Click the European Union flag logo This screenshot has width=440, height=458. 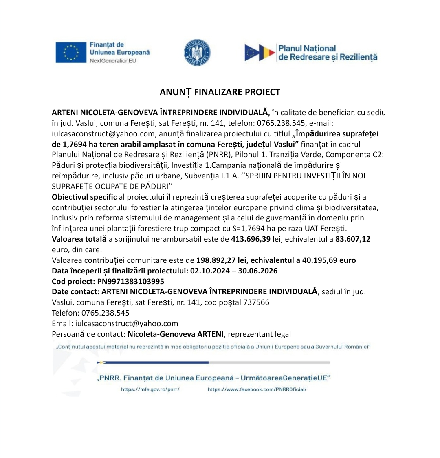pyautogui.click(x=72, y=53)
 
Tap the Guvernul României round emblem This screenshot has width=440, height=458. pyautogui.click(x=197, y=52)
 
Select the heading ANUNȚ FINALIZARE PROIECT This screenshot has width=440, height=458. pyautogui.click(x=220, y=92)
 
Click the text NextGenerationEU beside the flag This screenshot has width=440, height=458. pyautogui.click(x=113, y=61)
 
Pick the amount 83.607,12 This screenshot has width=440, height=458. pyautogui.click(x=353, y=239)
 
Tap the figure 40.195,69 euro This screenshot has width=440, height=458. pyautogui.click(x=329, y=260)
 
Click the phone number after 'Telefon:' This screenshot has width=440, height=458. pyautogui.click(x=106, y=313)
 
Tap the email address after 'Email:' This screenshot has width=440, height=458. pyautogui.click(x=127, y=324)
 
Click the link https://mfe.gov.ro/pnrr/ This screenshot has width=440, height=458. pyautogui.click(x=150, y=390)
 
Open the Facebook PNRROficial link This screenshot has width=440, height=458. pyautogui.click(x=257, y=390)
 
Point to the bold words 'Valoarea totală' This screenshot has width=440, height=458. pyautogui.click(x=79, y=239)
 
